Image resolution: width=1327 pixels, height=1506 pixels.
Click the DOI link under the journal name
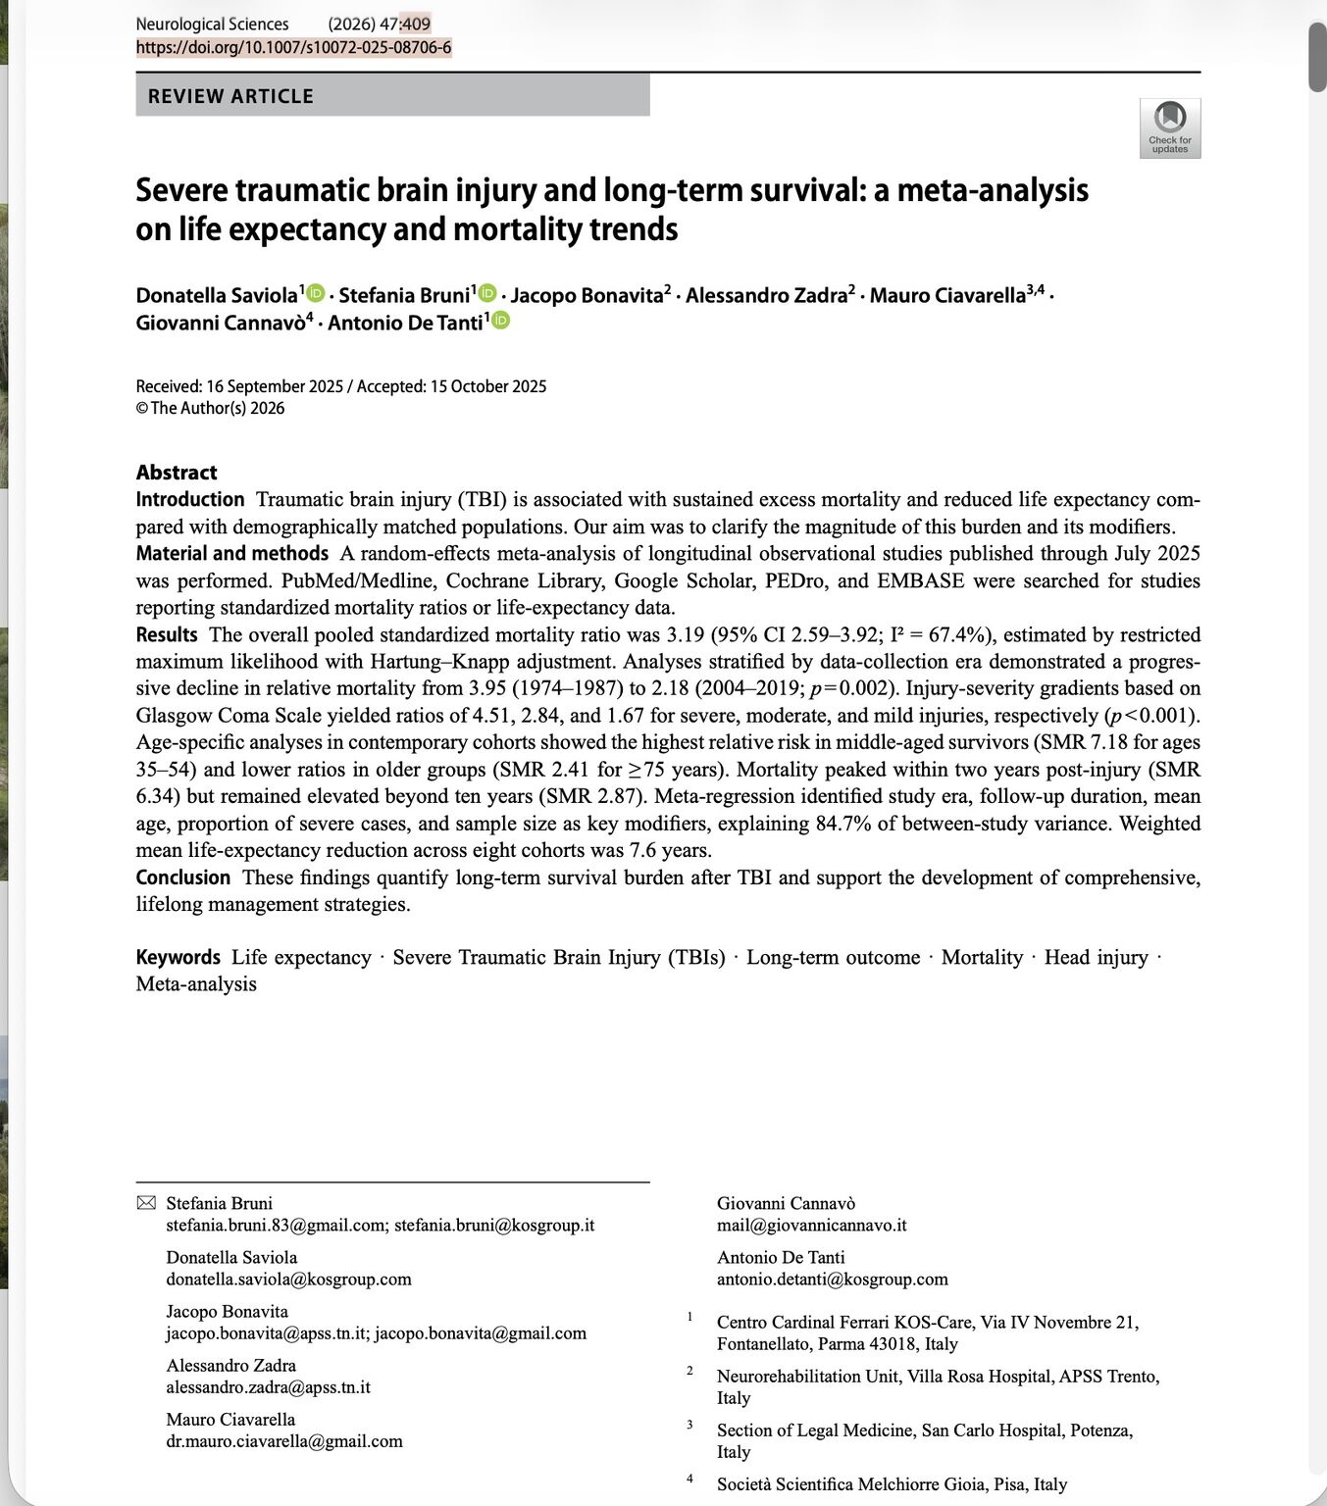(293, 47)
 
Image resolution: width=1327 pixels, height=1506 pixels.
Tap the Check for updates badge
(1169, 127)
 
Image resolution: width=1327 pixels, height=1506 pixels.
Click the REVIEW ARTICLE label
(230, 96)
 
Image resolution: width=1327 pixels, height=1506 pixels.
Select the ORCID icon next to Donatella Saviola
(316, 293)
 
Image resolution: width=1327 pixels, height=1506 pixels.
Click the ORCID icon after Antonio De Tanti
(500, 321)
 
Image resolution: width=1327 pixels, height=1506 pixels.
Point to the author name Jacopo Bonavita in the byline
(587, 295)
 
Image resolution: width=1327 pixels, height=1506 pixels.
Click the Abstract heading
(177, 472)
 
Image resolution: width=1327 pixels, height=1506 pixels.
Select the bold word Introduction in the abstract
(190, 499)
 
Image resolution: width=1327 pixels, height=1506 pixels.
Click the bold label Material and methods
(231, 553)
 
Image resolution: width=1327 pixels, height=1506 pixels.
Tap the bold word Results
(167, 634)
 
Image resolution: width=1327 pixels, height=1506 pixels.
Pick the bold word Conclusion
(183, 877)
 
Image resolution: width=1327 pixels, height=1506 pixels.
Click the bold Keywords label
(178, 957)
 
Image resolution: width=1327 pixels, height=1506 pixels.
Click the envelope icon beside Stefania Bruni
(145, 1203)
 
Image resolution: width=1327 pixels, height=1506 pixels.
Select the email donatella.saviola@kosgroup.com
(288, 1279)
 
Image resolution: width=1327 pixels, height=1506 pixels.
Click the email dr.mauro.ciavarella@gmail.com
(284, 1440)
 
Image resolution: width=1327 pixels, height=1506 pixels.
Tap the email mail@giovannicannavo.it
(811, 1225)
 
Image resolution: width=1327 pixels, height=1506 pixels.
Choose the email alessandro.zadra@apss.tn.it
(268, 1386)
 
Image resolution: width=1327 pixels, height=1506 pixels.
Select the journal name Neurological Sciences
(212, 24)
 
